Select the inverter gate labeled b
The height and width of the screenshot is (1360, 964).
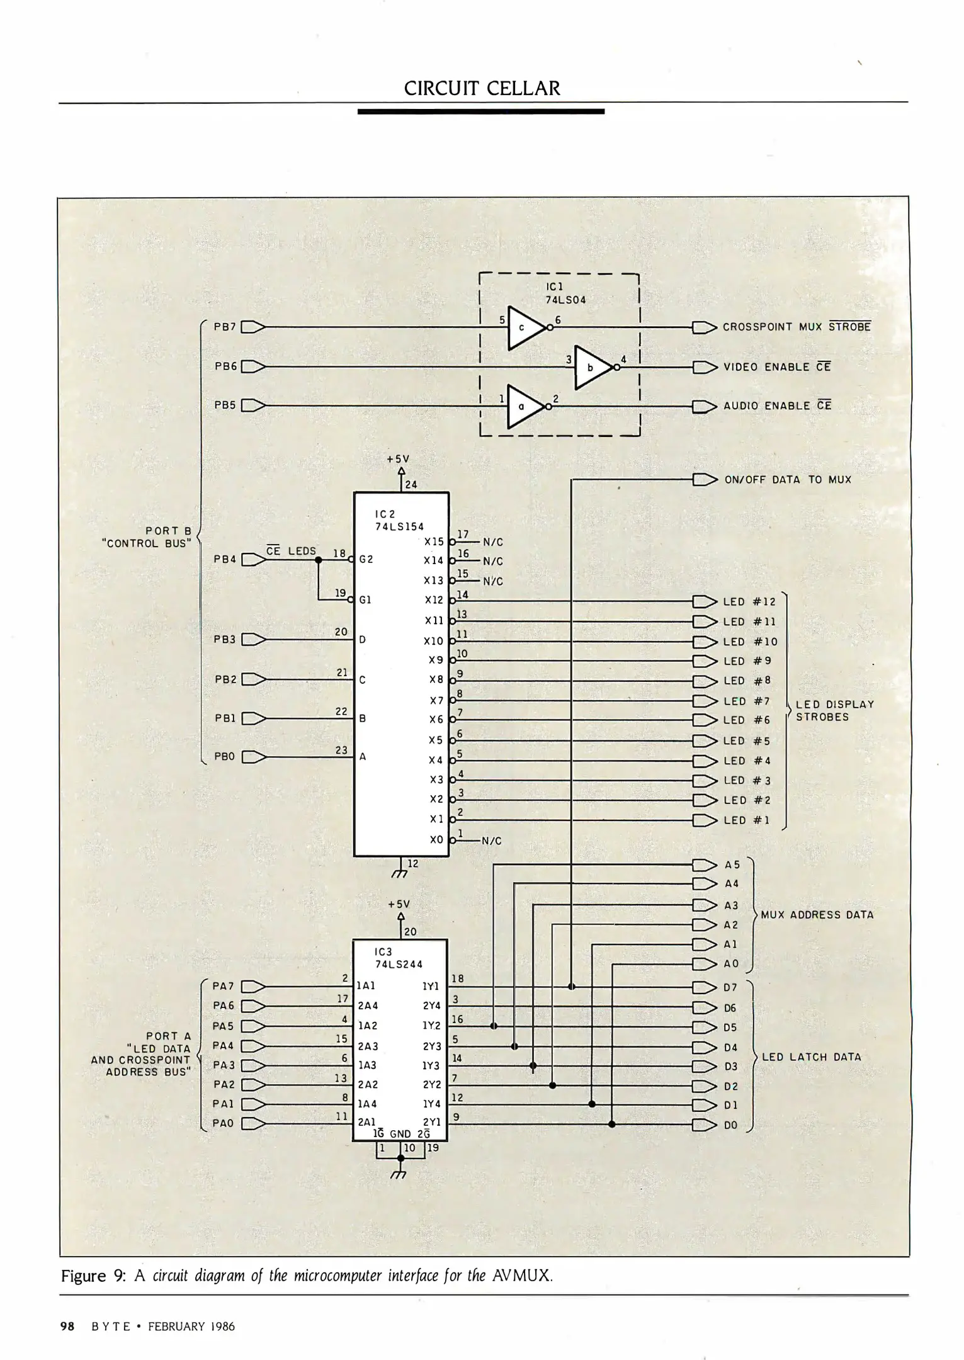tap(592, 368)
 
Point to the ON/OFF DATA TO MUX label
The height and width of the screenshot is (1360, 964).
tap(788, 480)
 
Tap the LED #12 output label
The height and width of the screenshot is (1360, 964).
tap(749, 602)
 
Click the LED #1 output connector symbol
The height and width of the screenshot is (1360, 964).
tap(705, 820)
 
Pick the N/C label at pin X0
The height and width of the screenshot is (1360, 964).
tap(491, 841)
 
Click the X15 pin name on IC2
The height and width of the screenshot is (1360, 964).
tap(434, 541)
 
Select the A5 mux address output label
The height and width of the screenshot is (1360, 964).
tap(732, 864)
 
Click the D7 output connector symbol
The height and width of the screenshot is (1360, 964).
tap(705, 987)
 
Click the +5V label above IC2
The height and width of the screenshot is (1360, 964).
tap(399, 460)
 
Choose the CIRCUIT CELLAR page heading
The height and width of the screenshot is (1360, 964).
tap(482, 88)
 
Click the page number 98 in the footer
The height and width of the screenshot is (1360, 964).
tap(67, 1327)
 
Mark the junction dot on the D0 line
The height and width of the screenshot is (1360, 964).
tap(612, 1125)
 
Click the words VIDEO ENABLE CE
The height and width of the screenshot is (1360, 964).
tap(777, 367)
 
